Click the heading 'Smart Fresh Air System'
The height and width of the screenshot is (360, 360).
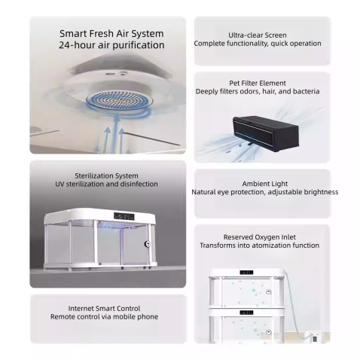pos(111,34)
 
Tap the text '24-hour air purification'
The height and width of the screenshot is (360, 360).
pos(111,46)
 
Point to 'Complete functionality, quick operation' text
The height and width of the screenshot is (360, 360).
pos(257,44)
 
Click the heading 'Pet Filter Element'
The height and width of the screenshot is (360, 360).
pos(257,83)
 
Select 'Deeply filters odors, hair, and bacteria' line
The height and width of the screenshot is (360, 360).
pos(257,91)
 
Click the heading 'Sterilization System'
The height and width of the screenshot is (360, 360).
pos(105,175)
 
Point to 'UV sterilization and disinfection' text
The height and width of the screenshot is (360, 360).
pos(105,184)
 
